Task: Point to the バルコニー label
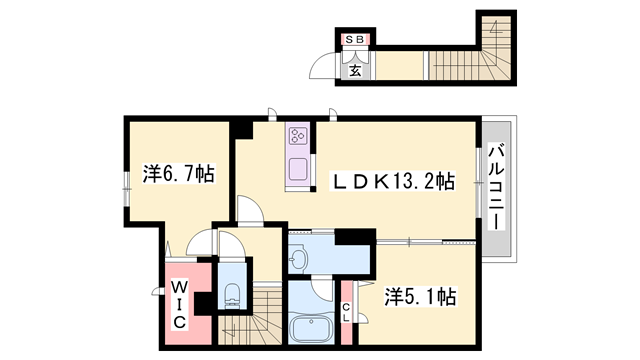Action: (x=496, y=189)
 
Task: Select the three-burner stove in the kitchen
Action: (x=299, y=135)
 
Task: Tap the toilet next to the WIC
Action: (x=232, y=292)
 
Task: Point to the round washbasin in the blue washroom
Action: (x=298, y=259)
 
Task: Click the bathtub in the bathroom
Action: (x=312, y=329)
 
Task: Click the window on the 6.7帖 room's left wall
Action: (x=127, y=183)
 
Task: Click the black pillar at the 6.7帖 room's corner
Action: (x=241, y=129)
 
